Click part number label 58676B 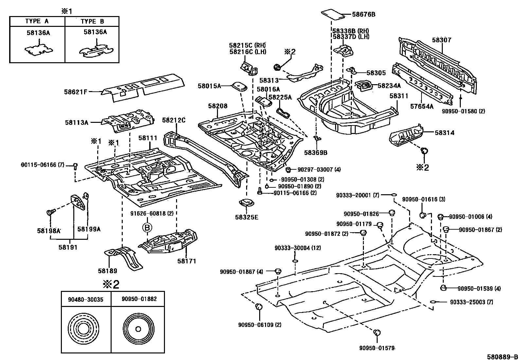coord(364,14)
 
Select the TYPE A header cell coord(37,22)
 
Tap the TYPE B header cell coord(92,22)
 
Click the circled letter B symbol coord(147,227)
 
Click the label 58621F coord(76,92)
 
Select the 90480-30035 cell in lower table coord(86,299)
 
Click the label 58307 coord(441,40)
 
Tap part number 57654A coord(422,106)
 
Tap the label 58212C coord(174,121)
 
